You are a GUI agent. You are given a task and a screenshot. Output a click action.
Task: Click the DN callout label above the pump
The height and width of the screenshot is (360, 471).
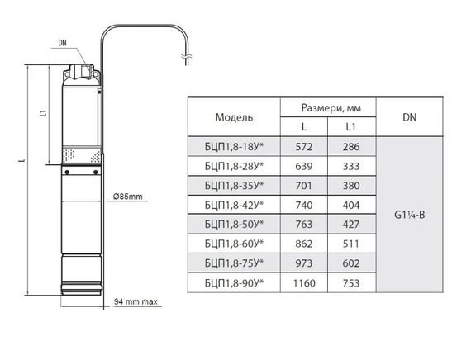click(63, 43)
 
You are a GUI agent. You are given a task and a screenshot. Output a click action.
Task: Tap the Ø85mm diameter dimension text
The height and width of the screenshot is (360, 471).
click(127, 197)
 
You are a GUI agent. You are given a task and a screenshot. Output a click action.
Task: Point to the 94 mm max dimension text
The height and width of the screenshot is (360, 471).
click(136, 301)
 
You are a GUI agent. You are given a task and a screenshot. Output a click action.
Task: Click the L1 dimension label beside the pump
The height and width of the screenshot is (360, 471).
click(44, 113)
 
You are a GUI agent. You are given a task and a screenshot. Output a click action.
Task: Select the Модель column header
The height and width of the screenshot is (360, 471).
click(234, 117)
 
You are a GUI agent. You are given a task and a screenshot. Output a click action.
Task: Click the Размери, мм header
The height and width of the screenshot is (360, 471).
click(331, 108)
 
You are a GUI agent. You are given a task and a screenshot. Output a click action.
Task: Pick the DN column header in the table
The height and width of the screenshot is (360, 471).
click(409, 117)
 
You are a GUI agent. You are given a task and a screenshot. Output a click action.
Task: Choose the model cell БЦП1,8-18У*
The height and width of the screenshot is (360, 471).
click(234, 147)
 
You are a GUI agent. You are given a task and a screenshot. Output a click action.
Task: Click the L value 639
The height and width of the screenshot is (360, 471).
click(304, 166)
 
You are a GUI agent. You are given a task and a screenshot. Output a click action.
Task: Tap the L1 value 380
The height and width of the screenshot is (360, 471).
click(351, 186)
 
